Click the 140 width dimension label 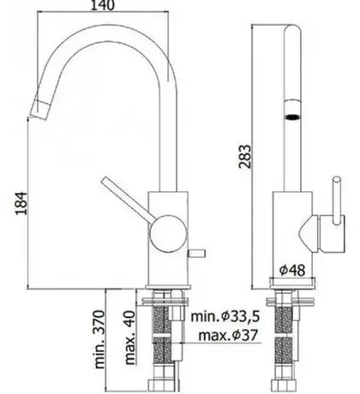(x=103, y=5)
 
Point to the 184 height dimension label (x=21, y=203)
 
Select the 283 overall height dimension (x=245, y=157)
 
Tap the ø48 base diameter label (x=292, y=270)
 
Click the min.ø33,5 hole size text (x=225, y=316)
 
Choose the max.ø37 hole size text (x=228, y=335)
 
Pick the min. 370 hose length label (x=99, y=339)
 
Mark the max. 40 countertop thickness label (x=130, y=337)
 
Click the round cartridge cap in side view (x=168, y=234)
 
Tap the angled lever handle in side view (x=129, y=199)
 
